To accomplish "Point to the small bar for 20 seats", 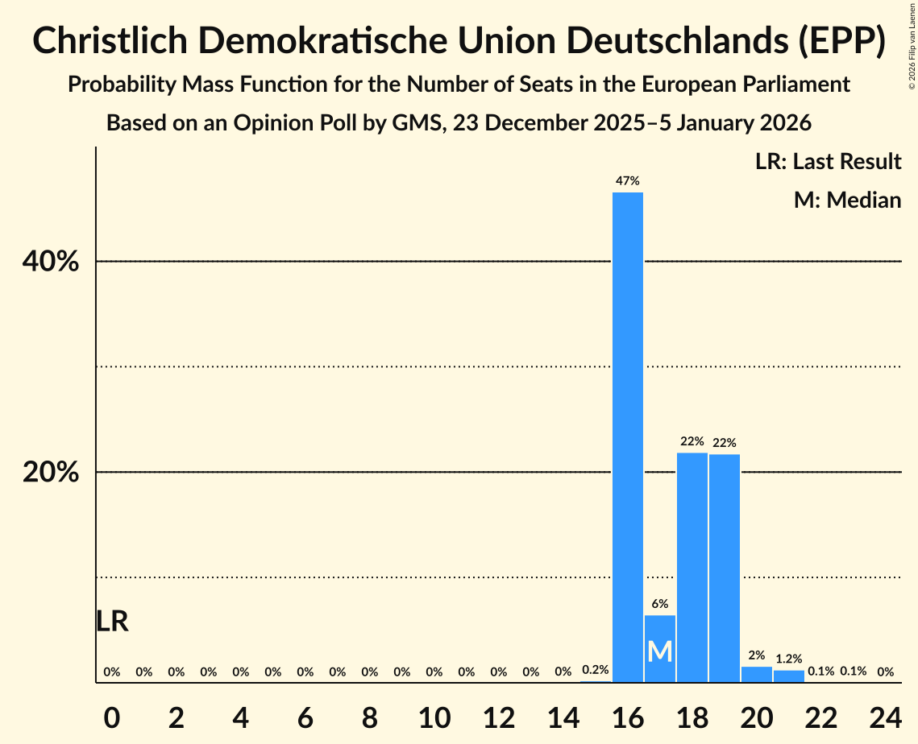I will coord(757,675).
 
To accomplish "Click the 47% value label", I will coord(628,181).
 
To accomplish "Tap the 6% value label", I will coord(660,604).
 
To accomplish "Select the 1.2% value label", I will coord(789,659).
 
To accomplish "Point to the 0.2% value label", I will coord(596,670).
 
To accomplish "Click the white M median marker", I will coord(660,651).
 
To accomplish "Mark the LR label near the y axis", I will coord(112,622).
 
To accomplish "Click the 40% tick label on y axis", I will coord(51,262).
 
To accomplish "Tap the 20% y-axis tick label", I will coord(51,473).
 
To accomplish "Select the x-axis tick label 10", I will coord(434,714).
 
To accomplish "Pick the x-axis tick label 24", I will coord(885,714).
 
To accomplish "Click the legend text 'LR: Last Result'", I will coord(828,162).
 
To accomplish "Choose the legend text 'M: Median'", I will coord(847,200).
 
